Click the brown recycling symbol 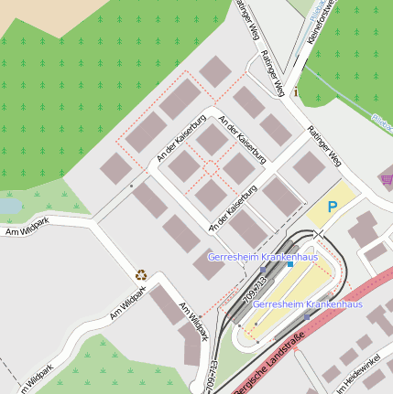[x=141, y=273]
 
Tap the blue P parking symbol [x=332, y=208]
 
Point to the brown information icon [x=296, y=93]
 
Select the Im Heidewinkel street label [x=359, y=378]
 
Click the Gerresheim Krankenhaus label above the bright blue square [x=262, y=257]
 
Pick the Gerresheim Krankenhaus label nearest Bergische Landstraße [x=307, y=303]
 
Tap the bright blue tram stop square [x=289, y=265]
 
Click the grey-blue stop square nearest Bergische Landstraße [x=307, y=315]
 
